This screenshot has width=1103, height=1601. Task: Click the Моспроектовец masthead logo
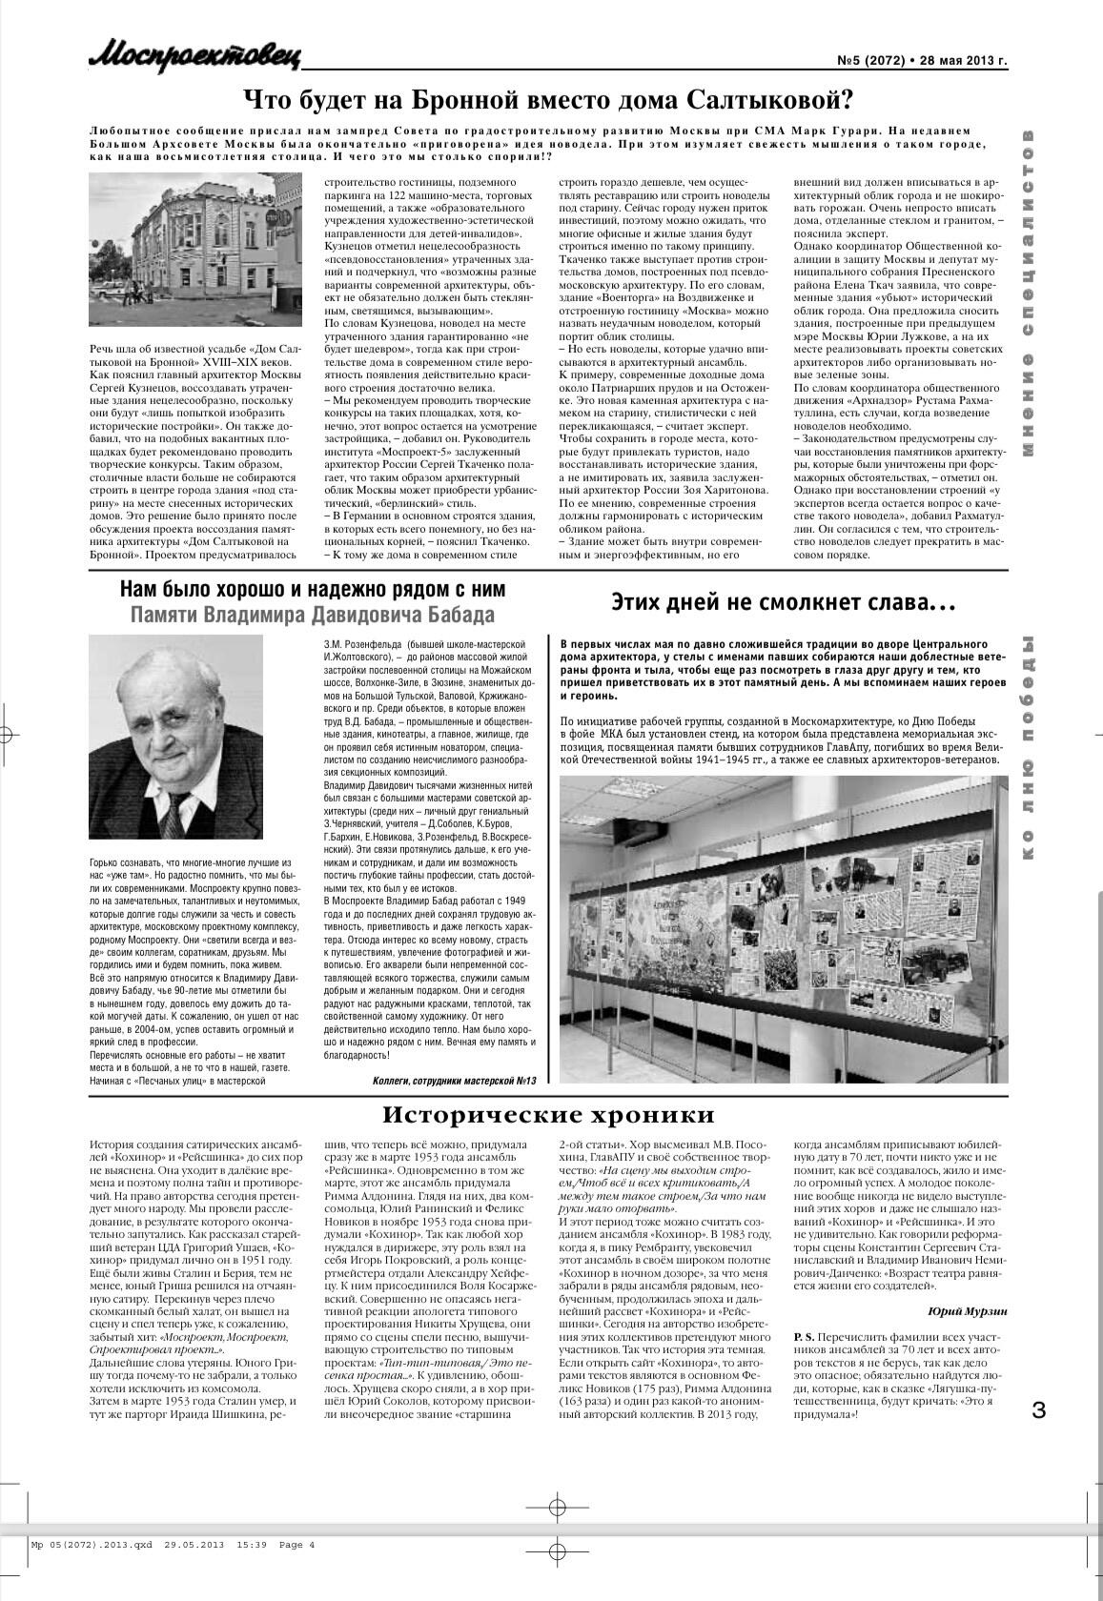coord(194,56)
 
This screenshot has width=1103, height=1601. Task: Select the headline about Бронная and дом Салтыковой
coord(548,99)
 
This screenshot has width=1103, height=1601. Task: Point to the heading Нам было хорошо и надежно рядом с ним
coord(313,589)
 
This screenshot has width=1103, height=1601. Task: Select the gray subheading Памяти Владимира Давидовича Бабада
coord(313,615)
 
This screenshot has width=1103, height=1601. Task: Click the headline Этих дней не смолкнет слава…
coord(783,602)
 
